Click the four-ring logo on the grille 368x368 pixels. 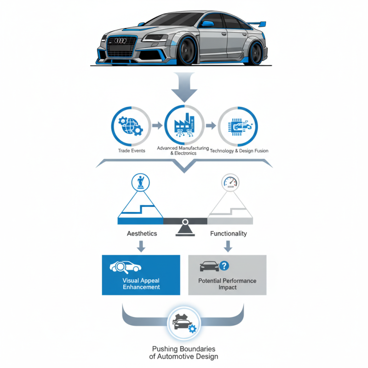pyautogui.click(x=121, y=41)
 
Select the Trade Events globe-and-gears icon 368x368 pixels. pyautogui.click(x=131, y=126)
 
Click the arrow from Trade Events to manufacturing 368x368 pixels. pyautogui.click(x=156, y=126)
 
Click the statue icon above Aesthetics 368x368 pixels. pyautogui.click(x=139, y=182)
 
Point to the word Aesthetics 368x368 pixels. pyautogui.click(x=142, y=234)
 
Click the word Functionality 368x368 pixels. pyautogui.click(x=229, y=234)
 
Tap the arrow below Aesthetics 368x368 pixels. pyautogui.click(x=141, y=247)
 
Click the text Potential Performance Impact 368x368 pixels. pyautogui.click(x=227, y=284)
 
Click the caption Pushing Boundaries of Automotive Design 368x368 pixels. pyautogui.click(x=184, y=353)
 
